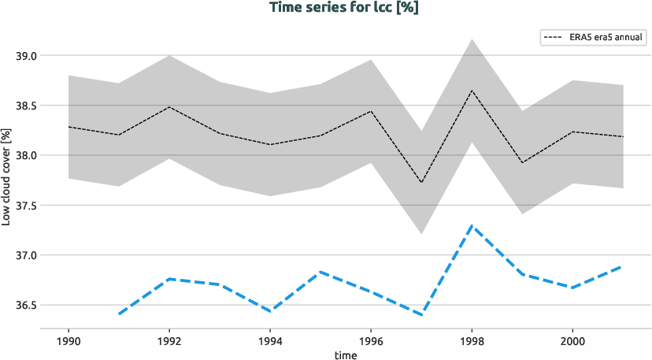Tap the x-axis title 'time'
click(345, 354)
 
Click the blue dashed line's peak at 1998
click(471, 225)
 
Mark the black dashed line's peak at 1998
click(471, 90)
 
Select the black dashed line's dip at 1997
click(421, 183)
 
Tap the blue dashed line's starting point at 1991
click(119, 314)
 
